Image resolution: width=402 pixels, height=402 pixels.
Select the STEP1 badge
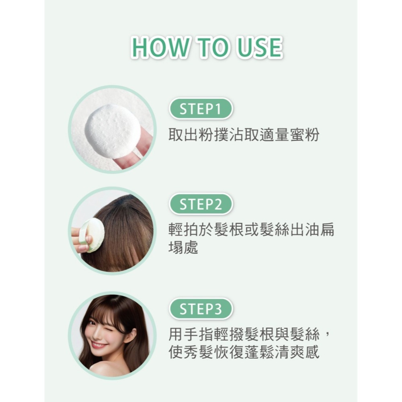201,109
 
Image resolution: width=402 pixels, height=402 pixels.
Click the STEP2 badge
201,204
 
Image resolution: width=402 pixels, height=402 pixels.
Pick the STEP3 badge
201,309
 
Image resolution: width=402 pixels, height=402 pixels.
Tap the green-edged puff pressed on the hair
94,235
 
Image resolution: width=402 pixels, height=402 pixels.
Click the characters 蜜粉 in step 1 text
305,135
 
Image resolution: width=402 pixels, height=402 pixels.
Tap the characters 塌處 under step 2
183,247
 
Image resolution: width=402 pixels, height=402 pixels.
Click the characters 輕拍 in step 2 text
183,230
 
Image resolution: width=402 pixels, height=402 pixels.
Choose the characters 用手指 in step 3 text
191,334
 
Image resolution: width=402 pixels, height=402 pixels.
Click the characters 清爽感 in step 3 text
297,352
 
